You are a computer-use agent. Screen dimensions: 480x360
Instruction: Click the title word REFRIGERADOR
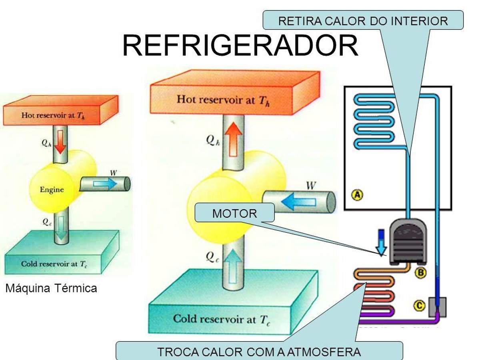click(x=240, y=46)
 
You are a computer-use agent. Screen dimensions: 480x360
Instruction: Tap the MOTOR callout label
click(x=234, y=213)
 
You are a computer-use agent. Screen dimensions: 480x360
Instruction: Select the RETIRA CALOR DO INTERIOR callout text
click(x=363, y=21)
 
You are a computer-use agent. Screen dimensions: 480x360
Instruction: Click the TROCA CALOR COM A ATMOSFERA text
click(x=259, y=352)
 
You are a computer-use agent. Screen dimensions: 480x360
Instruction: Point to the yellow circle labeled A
click(x=357, y=194)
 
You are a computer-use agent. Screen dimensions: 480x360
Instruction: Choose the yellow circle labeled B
click(x=421, y=272)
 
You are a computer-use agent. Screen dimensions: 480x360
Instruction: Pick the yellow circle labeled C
click(x=419, y=305)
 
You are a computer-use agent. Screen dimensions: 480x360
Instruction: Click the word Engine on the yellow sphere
click(x=52, y=190)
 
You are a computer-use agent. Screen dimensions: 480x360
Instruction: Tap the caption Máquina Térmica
click(x=51, y=288)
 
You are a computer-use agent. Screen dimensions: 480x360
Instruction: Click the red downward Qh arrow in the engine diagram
click(x=60, y=142)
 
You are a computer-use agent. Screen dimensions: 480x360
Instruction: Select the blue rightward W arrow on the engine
click(x=105, y=183)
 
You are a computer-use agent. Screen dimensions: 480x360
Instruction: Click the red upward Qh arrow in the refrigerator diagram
click(x=233, y=139)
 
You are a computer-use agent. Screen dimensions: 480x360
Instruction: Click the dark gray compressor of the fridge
click(x=408, y=242)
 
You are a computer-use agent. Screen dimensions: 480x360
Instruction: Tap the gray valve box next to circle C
click(x=437, y=307)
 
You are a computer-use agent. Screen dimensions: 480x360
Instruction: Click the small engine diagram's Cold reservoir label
click(x=54, y=264)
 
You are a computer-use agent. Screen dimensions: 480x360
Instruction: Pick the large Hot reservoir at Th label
click(x=223, y=100)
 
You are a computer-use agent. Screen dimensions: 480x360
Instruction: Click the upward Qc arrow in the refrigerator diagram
click(x=233, y=266)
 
